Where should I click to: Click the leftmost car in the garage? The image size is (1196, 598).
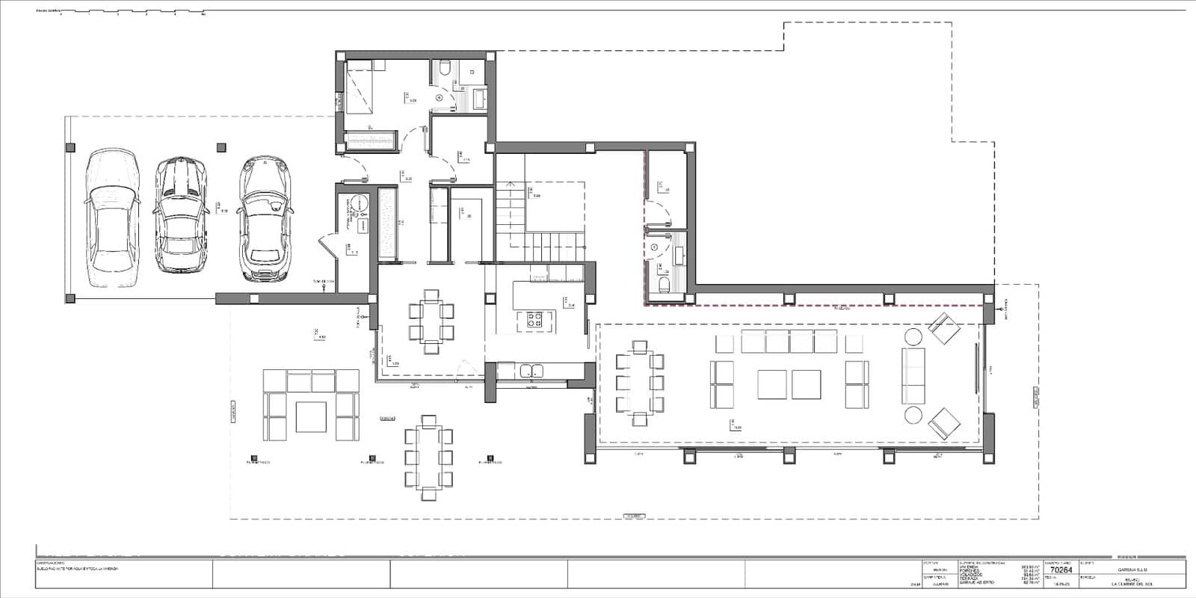pyautogui.click(x=113, y=218)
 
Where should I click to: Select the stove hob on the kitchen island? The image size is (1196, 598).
pyautogui.click(x=535, y=320)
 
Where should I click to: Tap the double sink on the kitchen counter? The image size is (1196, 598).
pyautogui.click(x=531, y=369)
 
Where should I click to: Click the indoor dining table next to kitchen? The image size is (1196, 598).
pyautogui.click(x=431, y=320)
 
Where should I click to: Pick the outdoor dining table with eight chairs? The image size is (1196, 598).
pyautogui.click(x=429, y=457)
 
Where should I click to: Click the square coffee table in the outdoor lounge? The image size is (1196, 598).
pyautogui.click(x=312, y=416)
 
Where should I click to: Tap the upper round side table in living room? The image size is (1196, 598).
pyautogui.click(x=913, y=336)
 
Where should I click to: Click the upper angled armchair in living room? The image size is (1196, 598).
pyautogui.click(x=943, y=329)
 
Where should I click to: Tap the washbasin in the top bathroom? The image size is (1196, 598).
pyautogui.click(x=478, y=96)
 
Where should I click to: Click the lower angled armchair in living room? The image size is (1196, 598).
pyautogui.click(x=943, y=424)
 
